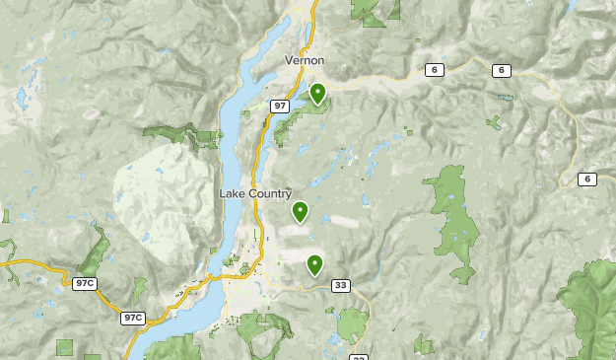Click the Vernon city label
click(305, 60)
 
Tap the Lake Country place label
click(255, 193)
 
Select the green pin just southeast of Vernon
click(317, 94)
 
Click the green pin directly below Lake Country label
click(300, 211)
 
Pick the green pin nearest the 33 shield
click(314, 263)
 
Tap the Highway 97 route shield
click(280, 106)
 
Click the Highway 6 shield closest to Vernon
click(434, 70)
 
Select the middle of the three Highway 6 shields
click(502, 70)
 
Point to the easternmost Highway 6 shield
click(588, 179)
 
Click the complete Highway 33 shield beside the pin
click(340, 286)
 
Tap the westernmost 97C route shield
click(85, 284)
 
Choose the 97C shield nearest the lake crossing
click(133, 318)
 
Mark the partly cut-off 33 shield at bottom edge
click(358, 357)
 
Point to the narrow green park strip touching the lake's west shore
click(182, 133)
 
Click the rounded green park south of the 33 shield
click(353, 324)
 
